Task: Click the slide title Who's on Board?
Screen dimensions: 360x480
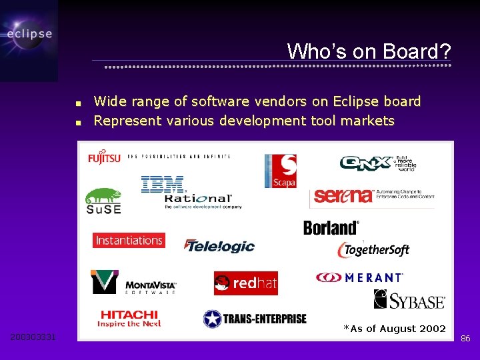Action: pos(369,51)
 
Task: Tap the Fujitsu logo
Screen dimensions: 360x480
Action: pos(104,157)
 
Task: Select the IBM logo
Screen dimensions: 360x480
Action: pos(162,185)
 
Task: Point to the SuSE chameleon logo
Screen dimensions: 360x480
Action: pos(103,201)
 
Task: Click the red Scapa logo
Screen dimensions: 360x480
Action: pos(280,171)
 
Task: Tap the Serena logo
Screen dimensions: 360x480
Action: pos(343,195)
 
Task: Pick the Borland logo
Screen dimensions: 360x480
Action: pos(331,228)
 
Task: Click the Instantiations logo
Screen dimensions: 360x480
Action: pos(129,240)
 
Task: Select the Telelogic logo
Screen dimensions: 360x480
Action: pos(219,246)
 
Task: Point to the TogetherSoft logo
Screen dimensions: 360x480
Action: pos(373,250)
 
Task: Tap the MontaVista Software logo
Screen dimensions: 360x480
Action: pos(133,282)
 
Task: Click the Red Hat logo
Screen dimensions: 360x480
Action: pos(245,283)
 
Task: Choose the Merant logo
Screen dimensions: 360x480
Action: pos(359,277)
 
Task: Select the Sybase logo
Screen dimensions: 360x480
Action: pos(409,300)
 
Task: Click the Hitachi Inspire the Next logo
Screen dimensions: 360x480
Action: pos(129,318)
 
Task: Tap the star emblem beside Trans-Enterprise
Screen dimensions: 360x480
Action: pos(212,319)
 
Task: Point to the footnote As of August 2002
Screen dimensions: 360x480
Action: pos(394,329)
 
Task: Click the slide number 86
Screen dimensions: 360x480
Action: pos(465,339)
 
